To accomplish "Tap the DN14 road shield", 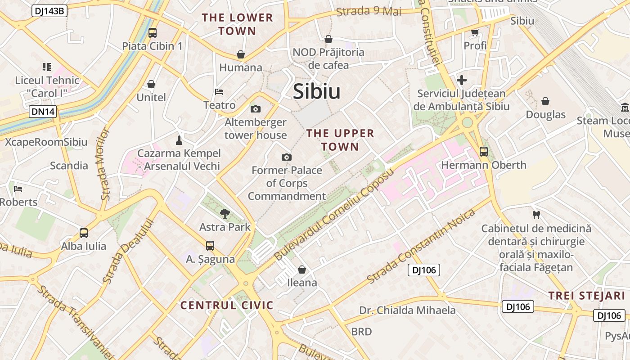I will [x=43, y=112].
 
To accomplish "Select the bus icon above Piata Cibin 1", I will [x=153, y=32].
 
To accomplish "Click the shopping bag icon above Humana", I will [x=241, y=54].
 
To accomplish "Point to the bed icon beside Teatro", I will [x=219, y=92].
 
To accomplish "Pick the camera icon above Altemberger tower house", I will [x=255, y=109].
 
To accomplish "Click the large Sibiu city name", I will [x=316, y=92].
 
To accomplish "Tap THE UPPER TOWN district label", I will [x=340, y=140].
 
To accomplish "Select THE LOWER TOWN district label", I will [x=237, y=24].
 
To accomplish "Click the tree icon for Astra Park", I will [x=225, y=213].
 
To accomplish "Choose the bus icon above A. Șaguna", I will [x=210, y=246].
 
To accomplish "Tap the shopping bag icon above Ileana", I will [x=302, y=270].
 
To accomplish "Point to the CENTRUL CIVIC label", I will [x=227, y=306].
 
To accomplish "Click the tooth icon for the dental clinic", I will [x=536, y=215].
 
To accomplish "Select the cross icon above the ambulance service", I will [x=461, y=81].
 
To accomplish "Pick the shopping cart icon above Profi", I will [x=475, y=32].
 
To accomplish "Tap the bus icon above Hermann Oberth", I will [x=484, y=152].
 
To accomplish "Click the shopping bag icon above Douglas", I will [x=545, y=101].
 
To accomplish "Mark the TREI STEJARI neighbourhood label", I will [x=587, y=296].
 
